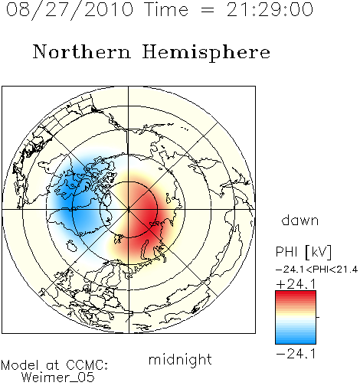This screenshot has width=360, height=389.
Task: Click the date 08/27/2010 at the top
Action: (x=70, y=10)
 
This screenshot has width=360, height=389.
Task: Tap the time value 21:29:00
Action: (x=270, y=10)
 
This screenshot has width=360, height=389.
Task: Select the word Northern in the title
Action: (x=82, y=51)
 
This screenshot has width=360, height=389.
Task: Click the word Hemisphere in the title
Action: (x=206, y=53)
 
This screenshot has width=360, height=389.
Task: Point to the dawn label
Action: (x=300, y=220)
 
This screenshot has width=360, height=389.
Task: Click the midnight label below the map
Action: (x=180, y=360)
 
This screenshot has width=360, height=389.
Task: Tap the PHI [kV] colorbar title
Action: (x=303, y=252)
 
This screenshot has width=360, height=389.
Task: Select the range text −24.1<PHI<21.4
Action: (x=316, y=270)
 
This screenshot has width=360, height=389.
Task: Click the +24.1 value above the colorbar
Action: (x=296, y=284)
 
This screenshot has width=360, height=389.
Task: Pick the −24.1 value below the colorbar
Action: (x=296, y=354)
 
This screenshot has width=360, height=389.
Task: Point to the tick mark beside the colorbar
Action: (x=318, y=317)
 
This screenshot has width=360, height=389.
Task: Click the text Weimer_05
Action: (x=58, y=378)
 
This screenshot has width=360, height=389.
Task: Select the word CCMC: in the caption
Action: (x=87, y=365)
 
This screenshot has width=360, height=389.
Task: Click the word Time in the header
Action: (x=166, y=10)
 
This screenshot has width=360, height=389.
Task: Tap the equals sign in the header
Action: (x=207, y=10)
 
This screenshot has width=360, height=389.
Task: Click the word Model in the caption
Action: (x=20, y=365)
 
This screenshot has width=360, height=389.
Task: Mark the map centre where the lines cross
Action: (x=129, y=209)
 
